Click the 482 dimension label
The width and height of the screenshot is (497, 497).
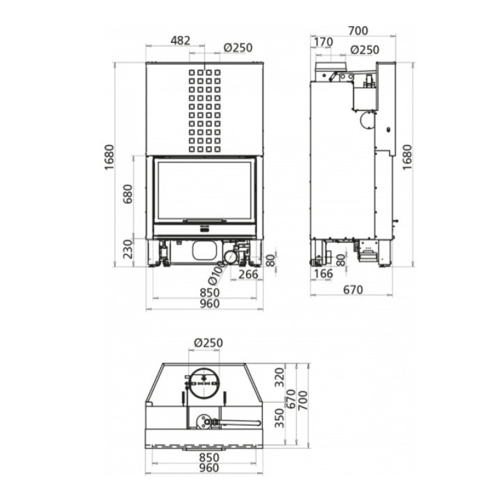tap(180, 40)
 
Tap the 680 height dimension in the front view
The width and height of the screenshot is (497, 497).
tap(128, 194)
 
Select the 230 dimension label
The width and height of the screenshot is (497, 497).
tap(128, 249)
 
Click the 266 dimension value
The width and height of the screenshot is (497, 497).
tap(248, 274)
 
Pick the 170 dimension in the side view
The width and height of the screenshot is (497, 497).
tap(323, 42)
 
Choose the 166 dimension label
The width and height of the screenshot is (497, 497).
tap(323, 273)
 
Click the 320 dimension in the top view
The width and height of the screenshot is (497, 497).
tap(280, 377)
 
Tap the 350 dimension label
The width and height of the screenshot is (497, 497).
tap(280, 418)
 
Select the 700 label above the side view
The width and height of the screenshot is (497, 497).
tap(358, 30)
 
